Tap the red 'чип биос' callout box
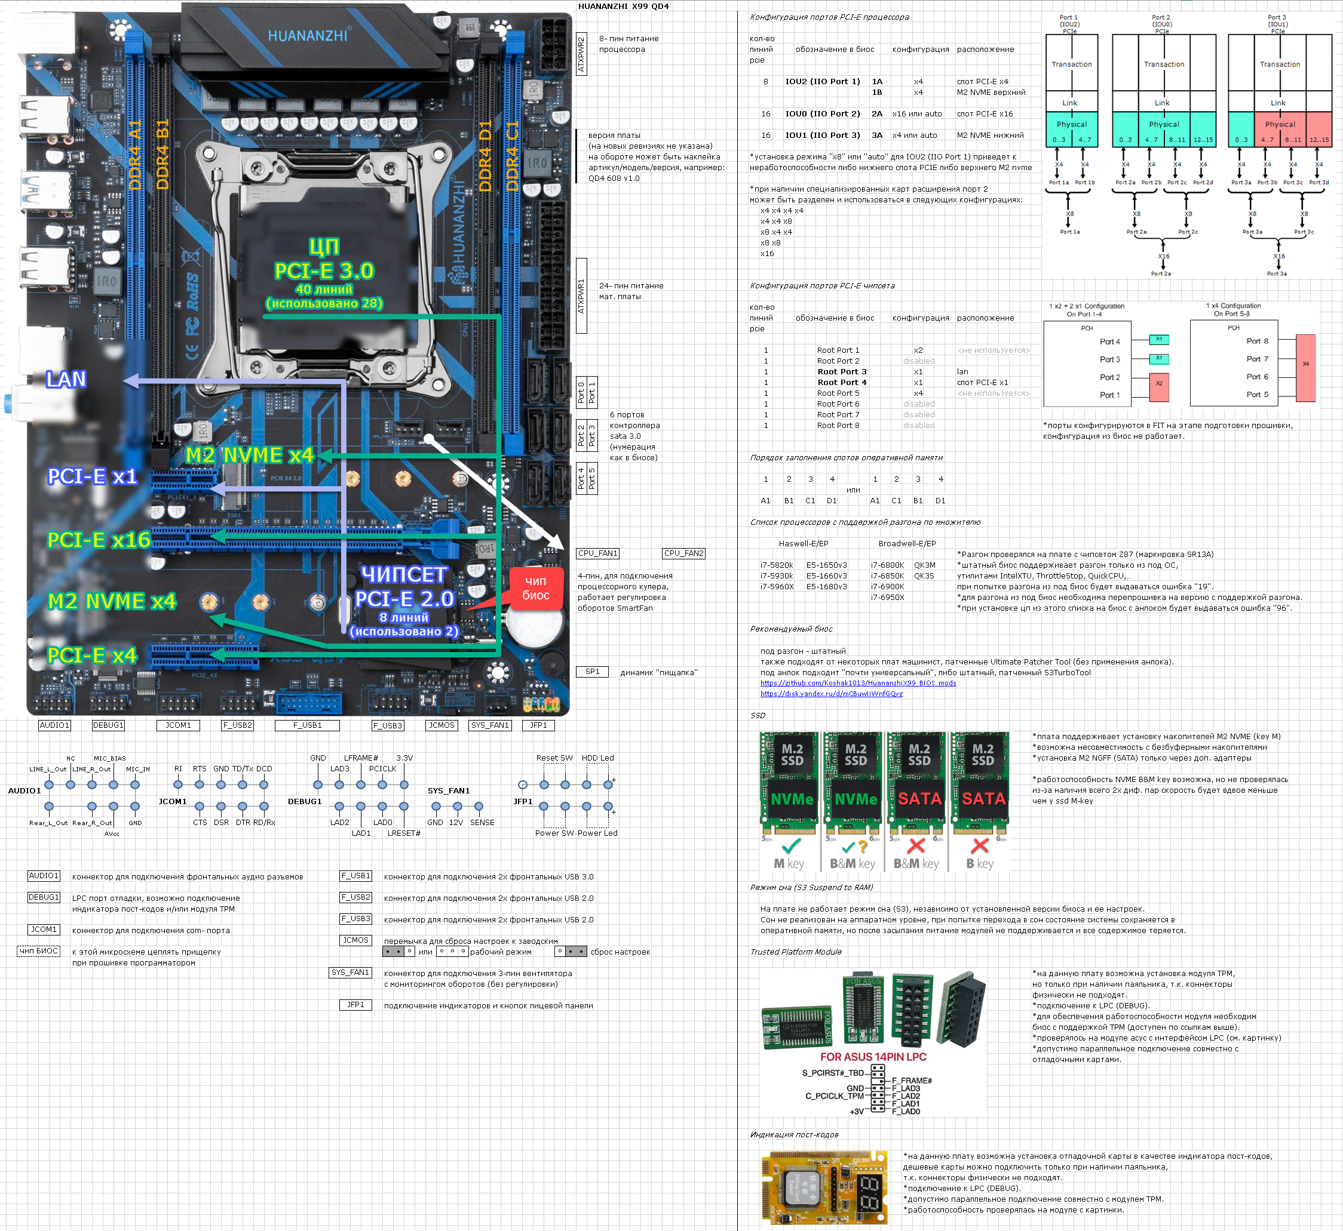tap(536, 588)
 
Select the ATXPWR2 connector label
tap(581, 54)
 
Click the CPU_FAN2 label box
tap(683, 553)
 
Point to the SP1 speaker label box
tap(593, 672)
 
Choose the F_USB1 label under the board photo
tap(307, 725)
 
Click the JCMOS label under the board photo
tap(441, 725)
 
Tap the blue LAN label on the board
tap(66, 379)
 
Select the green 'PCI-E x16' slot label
tap(99, 540)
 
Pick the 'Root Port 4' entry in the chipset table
tap(842, 382)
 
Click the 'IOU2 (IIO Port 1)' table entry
tap(823, 81)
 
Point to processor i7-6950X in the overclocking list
tap(887, 597)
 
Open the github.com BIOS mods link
tap(858, 683)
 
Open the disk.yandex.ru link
tap(831, 694)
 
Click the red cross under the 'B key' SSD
tap(980, 845)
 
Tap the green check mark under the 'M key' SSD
tap(791, 845)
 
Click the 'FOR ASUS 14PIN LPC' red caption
tap(872, 1057)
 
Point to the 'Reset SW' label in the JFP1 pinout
tap(554, 758)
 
